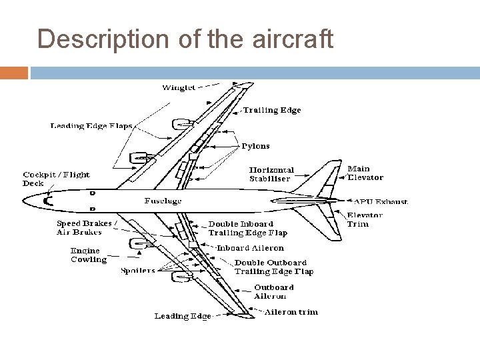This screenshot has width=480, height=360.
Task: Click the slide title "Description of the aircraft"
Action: (185, 39)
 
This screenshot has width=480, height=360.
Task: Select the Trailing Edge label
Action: (271, 110)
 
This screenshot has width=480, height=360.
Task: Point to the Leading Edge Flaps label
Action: (91, 126)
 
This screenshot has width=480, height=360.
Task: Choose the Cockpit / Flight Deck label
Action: (57, 179)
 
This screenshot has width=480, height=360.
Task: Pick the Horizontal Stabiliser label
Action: (271, 175)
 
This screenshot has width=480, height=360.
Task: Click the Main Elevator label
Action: (365, 173)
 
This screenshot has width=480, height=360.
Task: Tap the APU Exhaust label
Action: (382, 201)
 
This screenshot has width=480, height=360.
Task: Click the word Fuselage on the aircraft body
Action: (163, 201)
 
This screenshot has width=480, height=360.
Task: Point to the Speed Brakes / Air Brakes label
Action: (87, 228)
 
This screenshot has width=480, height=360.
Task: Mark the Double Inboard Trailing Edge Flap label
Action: (247, 229)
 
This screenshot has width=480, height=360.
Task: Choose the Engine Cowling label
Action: (89, 255)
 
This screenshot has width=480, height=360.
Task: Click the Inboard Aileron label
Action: (251, 248)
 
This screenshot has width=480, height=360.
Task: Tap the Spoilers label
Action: (138, 271)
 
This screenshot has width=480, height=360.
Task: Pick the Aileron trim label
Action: (291, 311)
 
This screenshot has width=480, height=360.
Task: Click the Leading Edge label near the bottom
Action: (183, 316)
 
